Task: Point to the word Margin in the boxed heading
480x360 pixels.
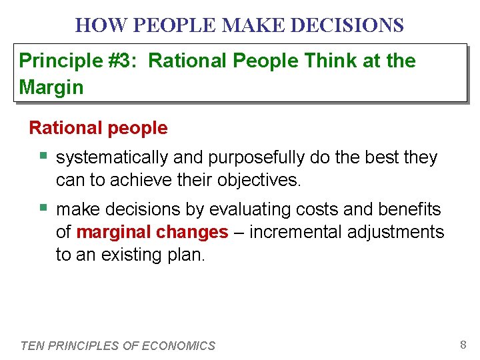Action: (51, 87)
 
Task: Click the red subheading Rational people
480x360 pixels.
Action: (99, 127)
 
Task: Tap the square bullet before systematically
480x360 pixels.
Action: (43, 157)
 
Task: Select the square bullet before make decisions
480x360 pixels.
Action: (43, 209)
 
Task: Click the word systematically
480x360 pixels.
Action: (113, 158)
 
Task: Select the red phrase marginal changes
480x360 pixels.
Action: (153, 232)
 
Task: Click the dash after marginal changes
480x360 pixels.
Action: (239, 232)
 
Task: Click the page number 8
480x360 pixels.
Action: (463, 345)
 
